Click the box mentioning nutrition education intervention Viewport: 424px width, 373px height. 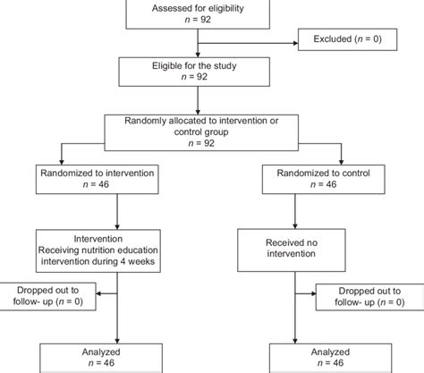119,253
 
